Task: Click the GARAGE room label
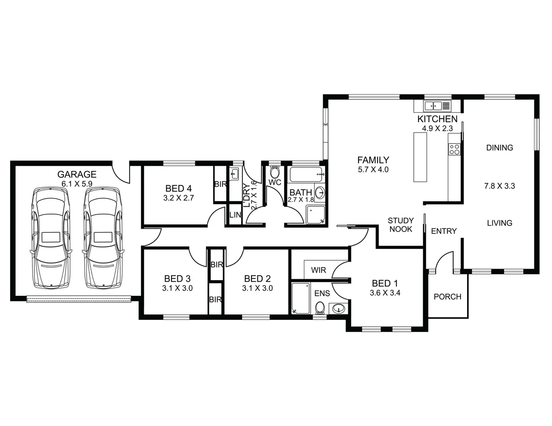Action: (x=77, y=174)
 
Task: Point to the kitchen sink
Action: (x=433, y=106)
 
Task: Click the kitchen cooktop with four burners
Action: (x=454, y=149)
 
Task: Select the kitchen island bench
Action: (x=420, y=157)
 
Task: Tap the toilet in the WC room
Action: (x=274, y=172)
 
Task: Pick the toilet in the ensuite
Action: (x=320, y=307)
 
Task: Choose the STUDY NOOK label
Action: (x=400, y=225)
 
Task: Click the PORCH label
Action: (x=447, y=297)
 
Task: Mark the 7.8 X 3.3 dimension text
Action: (x=499, y=186)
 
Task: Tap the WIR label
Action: (x=318, y=270)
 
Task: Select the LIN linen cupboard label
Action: (x=235, y=215)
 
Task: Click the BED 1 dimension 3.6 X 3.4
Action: (x=385, y=293)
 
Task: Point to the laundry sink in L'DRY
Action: (x=234, y=173)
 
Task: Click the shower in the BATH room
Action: (x=315, y=215)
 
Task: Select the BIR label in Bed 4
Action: (x=220, y=184)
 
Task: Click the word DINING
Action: (x=499, y=148)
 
